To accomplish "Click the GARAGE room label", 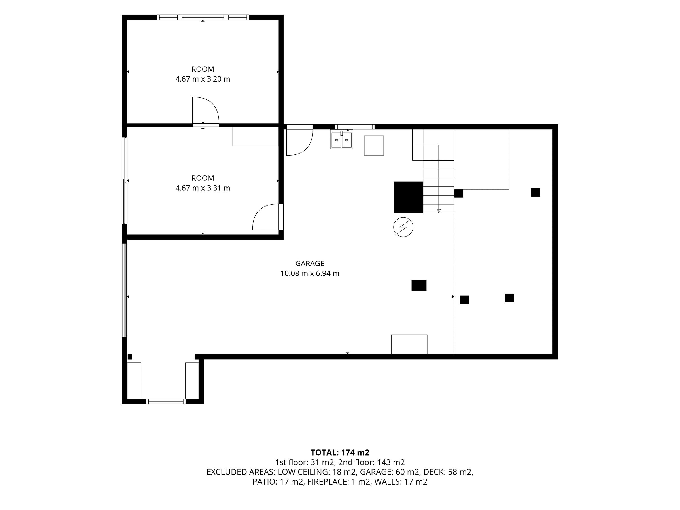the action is click(x=310, y=263).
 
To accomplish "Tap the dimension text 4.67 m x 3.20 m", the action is click(x=203, y=79).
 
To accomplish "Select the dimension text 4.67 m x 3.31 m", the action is click(x=203, y=188).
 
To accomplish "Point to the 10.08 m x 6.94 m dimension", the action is click(x=310, y=273).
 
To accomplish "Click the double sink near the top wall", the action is click(x=341, y=140).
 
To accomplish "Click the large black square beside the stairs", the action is click(x=409, y=197).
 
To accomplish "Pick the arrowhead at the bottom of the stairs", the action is click(x=439, y=211).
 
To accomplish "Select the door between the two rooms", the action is click(x=206, y=111).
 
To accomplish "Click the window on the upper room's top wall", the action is click(x=203, y=18).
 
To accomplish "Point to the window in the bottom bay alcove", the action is click(x=166, y=401).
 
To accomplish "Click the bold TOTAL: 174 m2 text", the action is click(x=340, y=452).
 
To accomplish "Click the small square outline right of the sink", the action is click(x=374, y=145).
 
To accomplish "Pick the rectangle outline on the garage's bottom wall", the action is click(x=409, y=344).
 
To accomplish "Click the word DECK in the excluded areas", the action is click(x=434, y=472).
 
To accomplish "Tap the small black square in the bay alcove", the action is click(x=130, y=357).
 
